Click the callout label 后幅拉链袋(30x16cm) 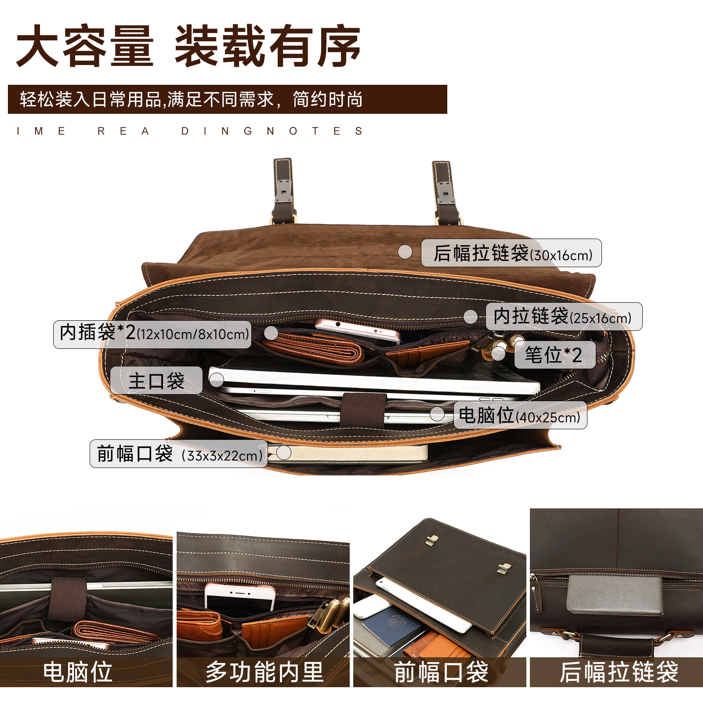click(511, 253)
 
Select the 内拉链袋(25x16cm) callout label click(564, 316)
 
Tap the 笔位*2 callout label click(554, 355)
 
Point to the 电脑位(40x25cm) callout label click(520, 415)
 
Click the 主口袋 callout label click(156, 380)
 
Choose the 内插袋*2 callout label click(152, 334)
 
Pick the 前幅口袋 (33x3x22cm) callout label click(178, 454)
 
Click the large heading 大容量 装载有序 click(188, 46)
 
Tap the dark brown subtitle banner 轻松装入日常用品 click(227, 99)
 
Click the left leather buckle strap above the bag click(283, 191)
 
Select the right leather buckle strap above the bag click(445, 192)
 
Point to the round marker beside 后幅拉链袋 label click(405, 252)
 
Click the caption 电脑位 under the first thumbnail click(78, 672)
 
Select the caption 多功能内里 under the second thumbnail click(264, 672)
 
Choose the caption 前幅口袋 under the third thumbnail click(441, 672)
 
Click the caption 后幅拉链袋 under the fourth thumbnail click(619, 672)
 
